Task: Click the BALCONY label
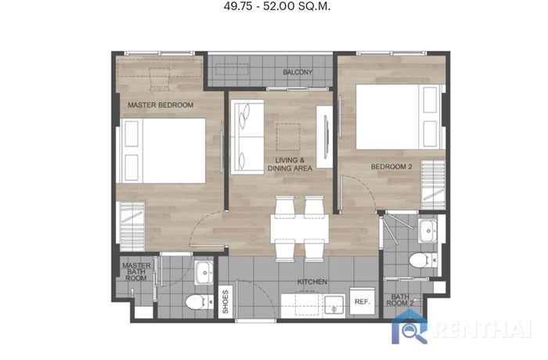click(x=297, y=72)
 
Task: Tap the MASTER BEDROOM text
click(x=160, y=105)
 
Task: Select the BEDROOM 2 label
click(x=391, y=167)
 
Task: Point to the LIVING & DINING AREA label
click(x=290, y=164)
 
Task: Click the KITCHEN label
click(x=312, y=282)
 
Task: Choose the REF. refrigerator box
click(x=362, y=301)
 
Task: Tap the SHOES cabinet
click(x=225, y=302)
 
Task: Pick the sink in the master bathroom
click(x=204, y=272)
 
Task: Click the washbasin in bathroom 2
click(x=427, y=231)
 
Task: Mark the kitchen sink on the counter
click(x=333, y=305)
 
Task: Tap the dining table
click(x=300, y=229)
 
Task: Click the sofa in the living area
click(x=247, y=137)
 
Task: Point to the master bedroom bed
click(x=163, y=150)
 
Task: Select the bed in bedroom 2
click(x=400, y=117)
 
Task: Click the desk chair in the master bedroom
click(x=160, y=79)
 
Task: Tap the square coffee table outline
click(x=288, y=137)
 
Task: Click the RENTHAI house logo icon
click(x=409, y=326)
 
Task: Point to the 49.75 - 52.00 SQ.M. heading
click(x=277, y=6)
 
